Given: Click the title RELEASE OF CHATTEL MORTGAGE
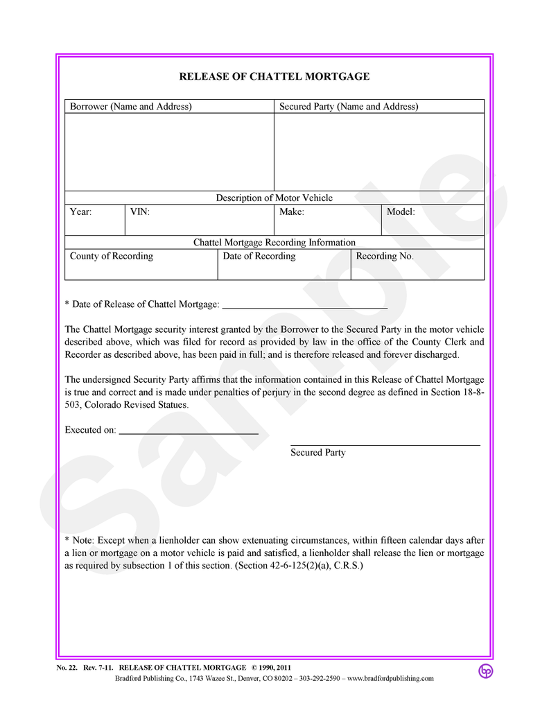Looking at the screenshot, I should click(274, 76).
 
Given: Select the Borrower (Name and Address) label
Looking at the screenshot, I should click(131, 107).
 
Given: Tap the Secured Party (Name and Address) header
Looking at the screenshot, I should click(349, 107).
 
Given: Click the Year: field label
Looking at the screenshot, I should click(81, 212).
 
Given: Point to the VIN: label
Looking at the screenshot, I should click(140, 212).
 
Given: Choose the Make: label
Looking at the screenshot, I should click(292, 212).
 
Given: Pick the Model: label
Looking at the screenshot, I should click(401, 212).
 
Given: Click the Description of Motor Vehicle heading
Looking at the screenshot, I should click(274, 198).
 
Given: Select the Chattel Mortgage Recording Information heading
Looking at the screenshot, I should click(274, 243).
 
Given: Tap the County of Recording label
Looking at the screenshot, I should click(112, 257).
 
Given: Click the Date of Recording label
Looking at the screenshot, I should click(259, 257).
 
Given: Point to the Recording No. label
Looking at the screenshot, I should click(385, 257).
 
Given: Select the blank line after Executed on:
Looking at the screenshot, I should click(189, 433).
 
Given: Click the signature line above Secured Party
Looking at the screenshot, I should click(385, 444).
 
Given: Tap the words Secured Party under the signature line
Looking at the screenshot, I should click(318, 453).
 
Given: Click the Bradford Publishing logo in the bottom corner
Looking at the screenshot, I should click(485, 670).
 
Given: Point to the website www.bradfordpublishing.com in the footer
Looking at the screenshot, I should click(390, 679).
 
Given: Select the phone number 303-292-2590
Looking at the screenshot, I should click(320, 679).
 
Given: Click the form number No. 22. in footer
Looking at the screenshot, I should click(67, 668).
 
